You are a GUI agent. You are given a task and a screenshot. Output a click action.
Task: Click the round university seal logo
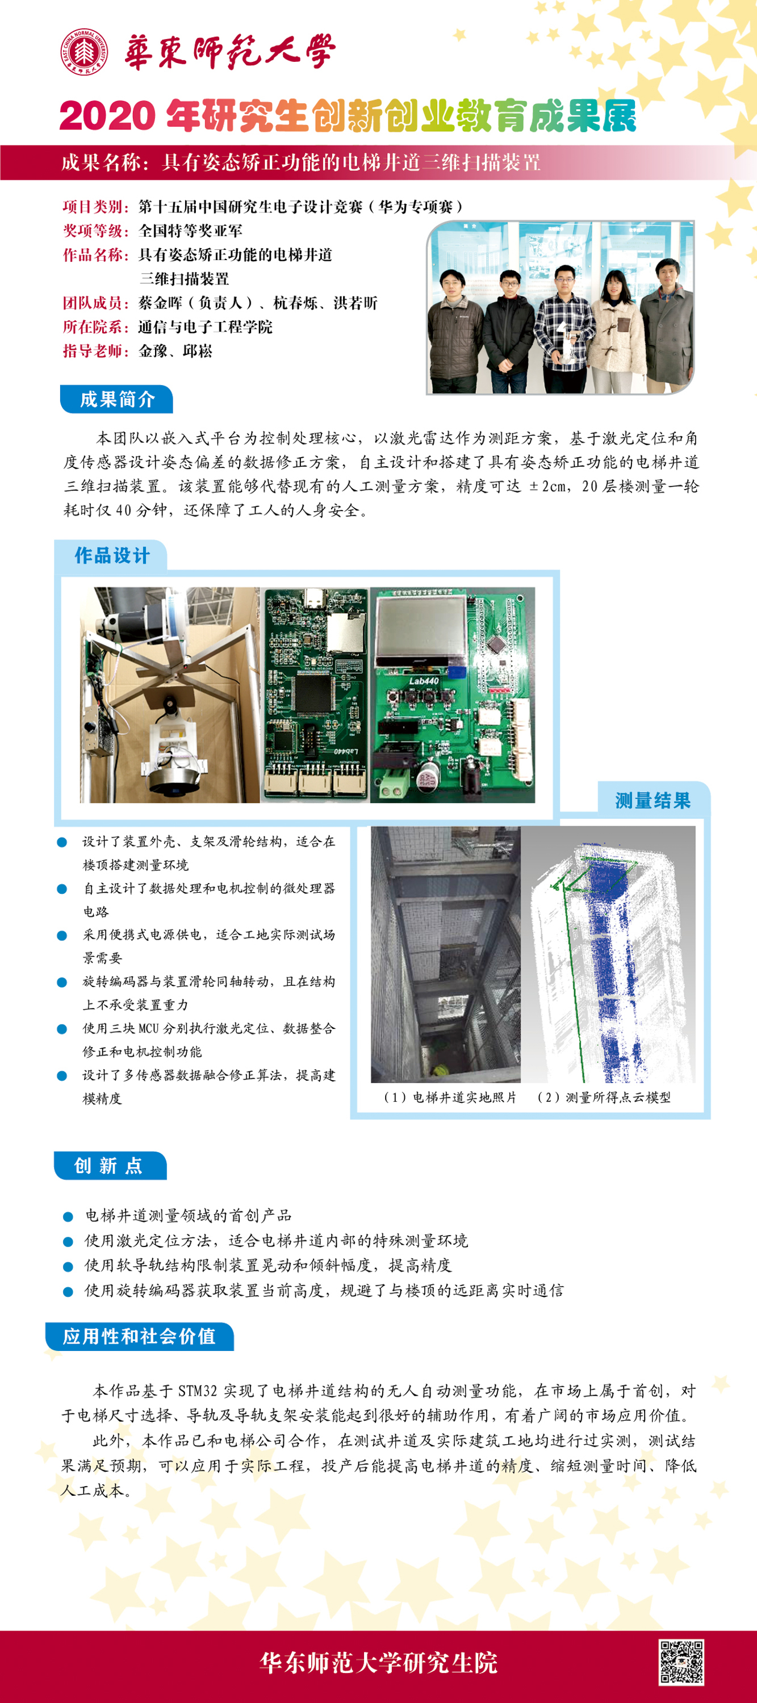[84, 52]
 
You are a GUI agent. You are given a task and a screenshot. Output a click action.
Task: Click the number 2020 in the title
[107, 116]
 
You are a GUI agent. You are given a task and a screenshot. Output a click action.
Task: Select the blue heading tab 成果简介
[116, 399]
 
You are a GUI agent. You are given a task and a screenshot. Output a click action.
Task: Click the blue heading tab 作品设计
[111, 555]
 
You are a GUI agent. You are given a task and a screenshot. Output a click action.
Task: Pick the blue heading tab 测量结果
[653, 801]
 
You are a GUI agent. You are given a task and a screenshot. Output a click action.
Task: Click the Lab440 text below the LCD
[424, 680]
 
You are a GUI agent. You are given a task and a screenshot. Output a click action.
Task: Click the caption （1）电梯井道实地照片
[450, 1098]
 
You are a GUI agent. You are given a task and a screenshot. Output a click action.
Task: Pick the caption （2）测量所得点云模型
[604, 1098]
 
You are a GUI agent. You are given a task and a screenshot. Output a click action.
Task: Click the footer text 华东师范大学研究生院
[378, 1662]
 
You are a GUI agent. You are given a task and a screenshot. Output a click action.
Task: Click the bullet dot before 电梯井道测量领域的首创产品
[68, 1216]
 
